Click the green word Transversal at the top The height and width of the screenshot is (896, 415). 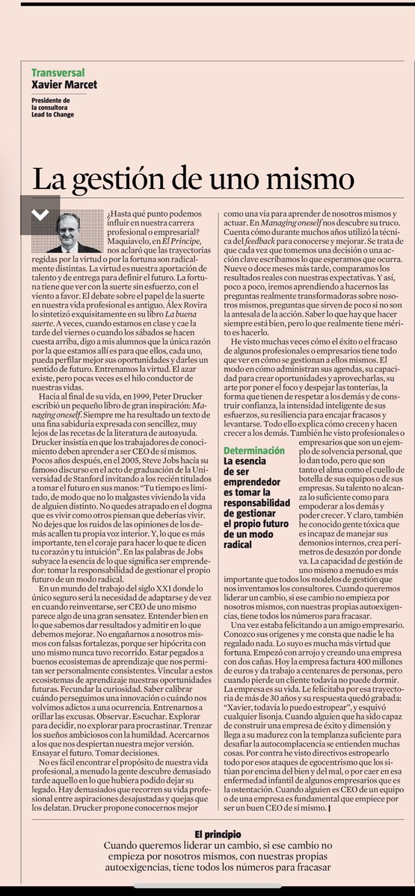(58, 72)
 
